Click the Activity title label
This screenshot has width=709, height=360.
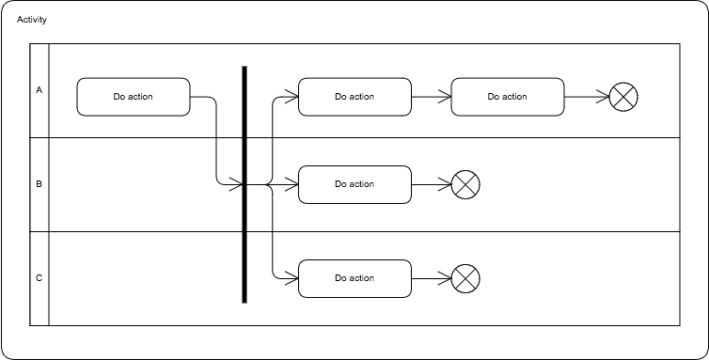tap(32, 20)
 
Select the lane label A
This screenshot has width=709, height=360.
tap(39, 90)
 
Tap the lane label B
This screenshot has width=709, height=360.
tap(39, 184)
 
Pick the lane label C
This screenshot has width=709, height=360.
tap(39, 278)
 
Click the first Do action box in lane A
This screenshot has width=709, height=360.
tap(133, 97)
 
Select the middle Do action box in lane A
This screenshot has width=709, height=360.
tap(354, 97)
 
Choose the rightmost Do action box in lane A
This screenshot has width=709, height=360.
tap(508, 97)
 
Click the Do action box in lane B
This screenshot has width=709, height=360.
tap(354, 184)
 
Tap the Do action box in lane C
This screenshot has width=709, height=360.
tap(354, 278)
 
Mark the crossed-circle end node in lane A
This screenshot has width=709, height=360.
tap(623, 97)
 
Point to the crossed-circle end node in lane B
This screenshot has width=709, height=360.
tap(465, 184)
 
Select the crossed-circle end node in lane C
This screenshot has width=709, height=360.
tap(465, 278)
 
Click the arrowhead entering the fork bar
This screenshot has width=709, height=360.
tap(236, 184)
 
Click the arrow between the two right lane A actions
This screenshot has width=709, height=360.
tap(431, 97)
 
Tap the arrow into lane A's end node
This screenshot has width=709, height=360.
tap(587, 97)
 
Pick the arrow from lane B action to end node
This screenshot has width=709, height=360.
tap(431, 184)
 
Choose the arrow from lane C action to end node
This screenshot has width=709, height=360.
tap(431, 278)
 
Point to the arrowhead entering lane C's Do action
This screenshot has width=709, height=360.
tap(291, 278)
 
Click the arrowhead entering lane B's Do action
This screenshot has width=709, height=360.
tap(291, 184)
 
